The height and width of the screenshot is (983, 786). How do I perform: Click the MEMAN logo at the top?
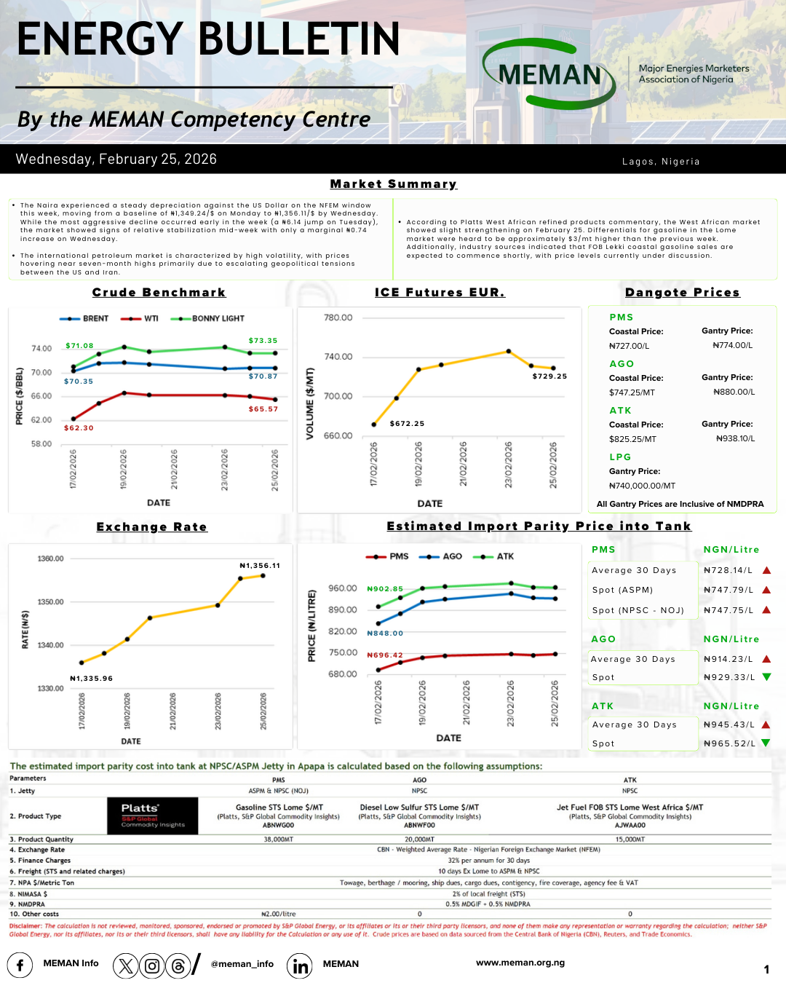[x=549, y=74]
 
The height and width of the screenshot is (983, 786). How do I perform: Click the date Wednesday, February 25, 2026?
[x=116, y=159]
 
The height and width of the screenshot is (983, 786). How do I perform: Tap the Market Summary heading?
[x=393, y=184]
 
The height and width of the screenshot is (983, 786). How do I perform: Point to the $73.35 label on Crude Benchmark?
[x=263, y=341]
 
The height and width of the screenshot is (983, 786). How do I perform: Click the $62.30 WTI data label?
[x=79, y=428]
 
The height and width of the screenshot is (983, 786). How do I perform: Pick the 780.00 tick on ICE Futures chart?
[x=338, y=318]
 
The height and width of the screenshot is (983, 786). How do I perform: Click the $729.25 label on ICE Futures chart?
[x=549, y=376]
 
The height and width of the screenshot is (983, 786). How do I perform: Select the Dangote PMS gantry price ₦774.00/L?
[x=732, y=345]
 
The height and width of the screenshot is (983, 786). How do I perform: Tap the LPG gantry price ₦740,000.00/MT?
[x=642, y=486]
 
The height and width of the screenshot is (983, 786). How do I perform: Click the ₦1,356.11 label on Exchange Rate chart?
[x=260, y=566]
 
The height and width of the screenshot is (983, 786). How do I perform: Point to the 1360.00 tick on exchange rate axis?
[x=50, y=558]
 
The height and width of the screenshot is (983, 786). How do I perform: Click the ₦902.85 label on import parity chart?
[x=385, y=589]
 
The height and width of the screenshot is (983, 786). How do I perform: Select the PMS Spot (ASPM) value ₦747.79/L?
[x=729, y=591]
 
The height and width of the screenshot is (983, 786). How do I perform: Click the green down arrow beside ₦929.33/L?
[x=766, y=677]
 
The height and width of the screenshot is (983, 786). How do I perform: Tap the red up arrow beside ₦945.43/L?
[x=766, y=725]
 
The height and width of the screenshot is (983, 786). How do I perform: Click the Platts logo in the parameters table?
[x=153, y=816]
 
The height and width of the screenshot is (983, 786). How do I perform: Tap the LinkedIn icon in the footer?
[x=300, y=966]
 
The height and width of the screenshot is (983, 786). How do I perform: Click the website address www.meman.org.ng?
[x=520, y=963]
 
